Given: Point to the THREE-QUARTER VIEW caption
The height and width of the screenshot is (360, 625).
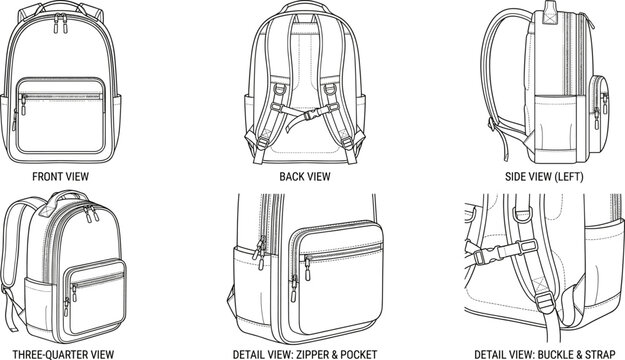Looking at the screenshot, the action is pos(59,352).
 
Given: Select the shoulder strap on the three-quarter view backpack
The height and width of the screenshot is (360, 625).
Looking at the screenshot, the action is pos(13,260).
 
